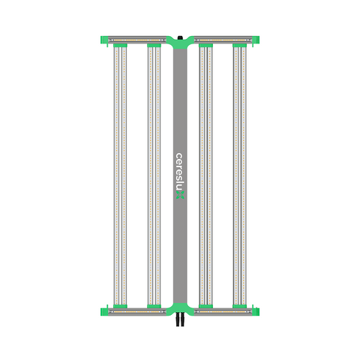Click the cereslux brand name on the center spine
180,172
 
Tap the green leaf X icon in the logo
180,195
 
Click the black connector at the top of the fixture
180,37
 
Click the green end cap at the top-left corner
104,40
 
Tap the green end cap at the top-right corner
256,40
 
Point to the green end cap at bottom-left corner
104,311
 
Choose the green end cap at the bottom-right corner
256,311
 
